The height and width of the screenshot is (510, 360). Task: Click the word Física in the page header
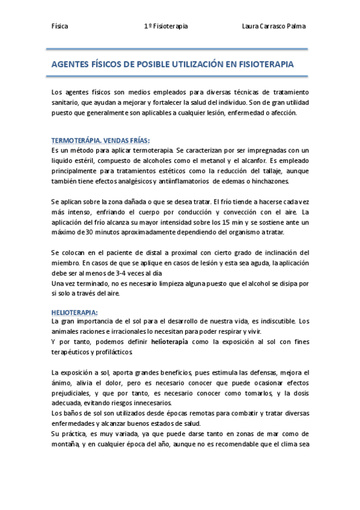(x=59, y=26)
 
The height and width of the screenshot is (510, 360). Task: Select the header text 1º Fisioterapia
(x=166, y=26)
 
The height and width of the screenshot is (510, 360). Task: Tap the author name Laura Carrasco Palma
(x=273, y=26)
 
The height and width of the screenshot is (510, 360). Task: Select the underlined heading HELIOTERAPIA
(x=75, y=312)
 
